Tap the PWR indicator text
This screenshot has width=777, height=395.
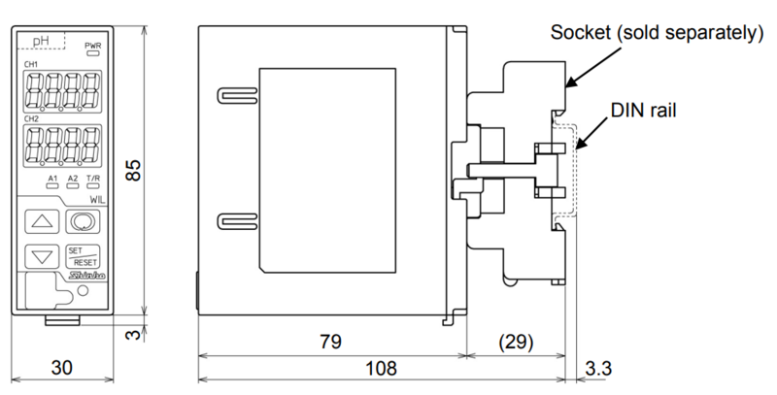pyautogui.click(x=93, y=46)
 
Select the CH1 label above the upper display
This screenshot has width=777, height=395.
pyautogui.click(x=32, y=65)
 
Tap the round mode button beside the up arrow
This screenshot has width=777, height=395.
pyautogui.click(x=81, y=222)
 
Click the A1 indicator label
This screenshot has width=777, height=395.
pyautogui.click(x=52, y=179)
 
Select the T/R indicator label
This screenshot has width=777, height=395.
pyautogui.click(x=93, y=179)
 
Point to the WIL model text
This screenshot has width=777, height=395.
pyautogui.click(x=94, y=199)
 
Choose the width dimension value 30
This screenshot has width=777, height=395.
pyautogui.click(x=63, y=369)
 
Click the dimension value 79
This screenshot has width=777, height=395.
pyautogui.click(x=330, y=342)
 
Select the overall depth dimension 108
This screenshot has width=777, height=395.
pyautogui.click(x=384, y=369)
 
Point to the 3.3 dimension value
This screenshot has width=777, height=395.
pyautogui.click(x=600, y=369)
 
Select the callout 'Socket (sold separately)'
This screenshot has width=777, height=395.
pyautogui.click(x=654, y=34)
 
